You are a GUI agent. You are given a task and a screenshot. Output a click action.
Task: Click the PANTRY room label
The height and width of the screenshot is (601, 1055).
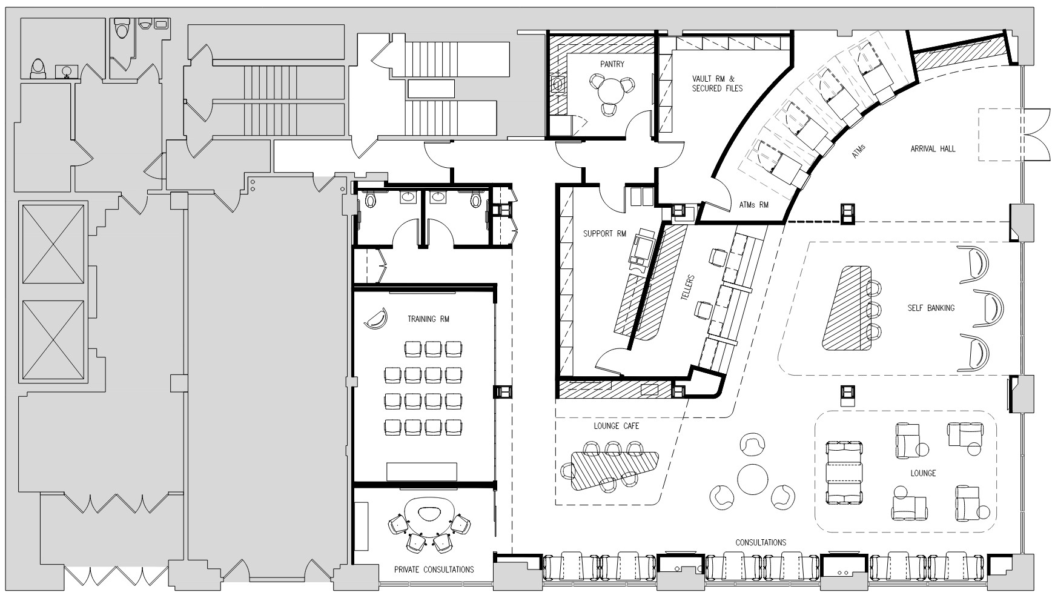pyautogui.click(x=612, y=64)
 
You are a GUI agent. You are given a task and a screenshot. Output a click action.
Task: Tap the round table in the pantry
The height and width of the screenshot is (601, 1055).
pyautogui.click(x=610, y=93)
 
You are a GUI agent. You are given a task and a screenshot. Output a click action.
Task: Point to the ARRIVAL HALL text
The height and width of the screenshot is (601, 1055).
pyautogui.click(x=933, y=148)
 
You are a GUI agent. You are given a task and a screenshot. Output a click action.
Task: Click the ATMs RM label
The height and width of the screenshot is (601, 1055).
pyautogui.click(x=755, y=205)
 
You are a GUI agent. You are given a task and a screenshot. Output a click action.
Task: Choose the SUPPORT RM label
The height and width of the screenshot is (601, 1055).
pyautogui.click(x=604, y=234)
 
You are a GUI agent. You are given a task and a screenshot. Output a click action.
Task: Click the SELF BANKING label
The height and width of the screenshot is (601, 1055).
pyautogui.click(x=931, y=308)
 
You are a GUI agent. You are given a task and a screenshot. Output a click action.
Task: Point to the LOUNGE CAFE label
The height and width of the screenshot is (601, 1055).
pyautogui.click(x=616, y=426)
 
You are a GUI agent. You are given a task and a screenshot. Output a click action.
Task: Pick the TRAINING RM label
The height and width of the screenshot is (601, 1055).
pyautogui.click(x=428, y=319)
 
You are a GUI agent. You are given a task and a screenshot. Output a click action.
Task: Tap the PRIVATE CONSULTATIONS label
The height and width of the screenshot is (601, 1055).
pyautogui.click(x=434, y=569)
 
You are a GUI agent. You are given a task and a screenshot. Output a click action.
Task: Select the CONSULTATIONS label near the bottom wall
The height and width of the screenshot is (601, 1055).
pyautogui.click(x=761, y=542)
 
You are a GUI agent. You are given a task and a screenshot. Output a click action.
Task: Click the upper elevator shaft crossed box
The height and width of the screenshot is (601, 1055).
pyautogui.click(x=53, y=244)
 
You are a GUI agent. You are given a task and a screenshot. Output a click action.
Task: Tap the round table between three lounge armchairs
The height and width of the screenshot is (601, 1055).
pyautogui.click(x=752, y=478)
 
